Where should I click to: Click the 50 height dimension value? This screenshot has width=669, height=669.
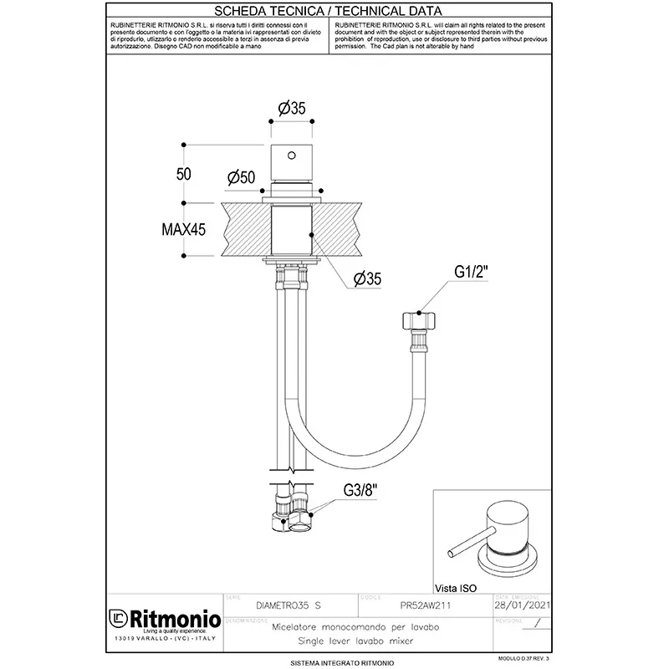click(x=184, y=173)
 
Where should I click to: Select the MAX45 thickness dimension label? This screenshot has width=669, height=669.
click(x=184, y=228)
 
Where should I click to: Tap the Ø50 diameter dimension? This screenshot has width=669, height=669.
click(x=240, y=177)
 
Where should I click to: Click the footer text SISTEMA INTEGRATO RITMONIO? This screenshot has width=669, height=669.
click(x=334, y=662)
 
